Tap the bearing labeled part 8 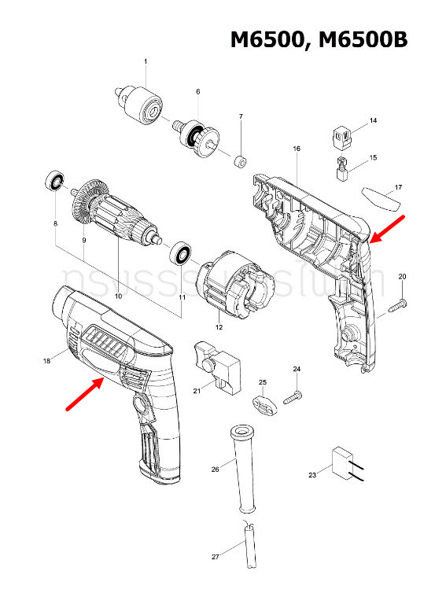(55, 180)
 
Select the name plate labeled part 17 (381, 194)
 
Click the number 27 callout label (215, 557)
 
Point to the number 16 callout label (297, 149)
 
